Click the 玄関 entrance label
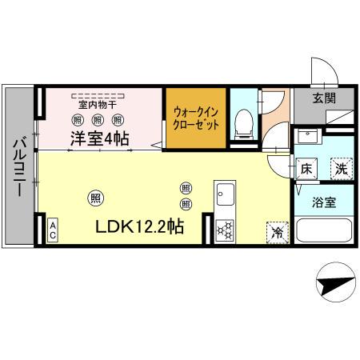click(x=323, y=98)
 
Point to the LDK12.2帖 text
click(x=140, y=226)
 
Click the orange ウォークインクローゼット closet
click(x=196, y=116)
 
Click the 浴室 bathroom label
click(x=323, y=202)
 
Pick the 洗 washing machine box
click(x=341, y=169)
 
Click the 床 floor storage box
click(x=307, y=169)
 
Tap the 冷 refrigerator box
click(x=278, y=232)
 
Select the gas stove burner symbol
click(x=225, y=230)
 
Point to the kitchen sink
click(x=224, y=195)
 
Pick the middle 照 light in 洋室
click(x=98, y=120)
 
